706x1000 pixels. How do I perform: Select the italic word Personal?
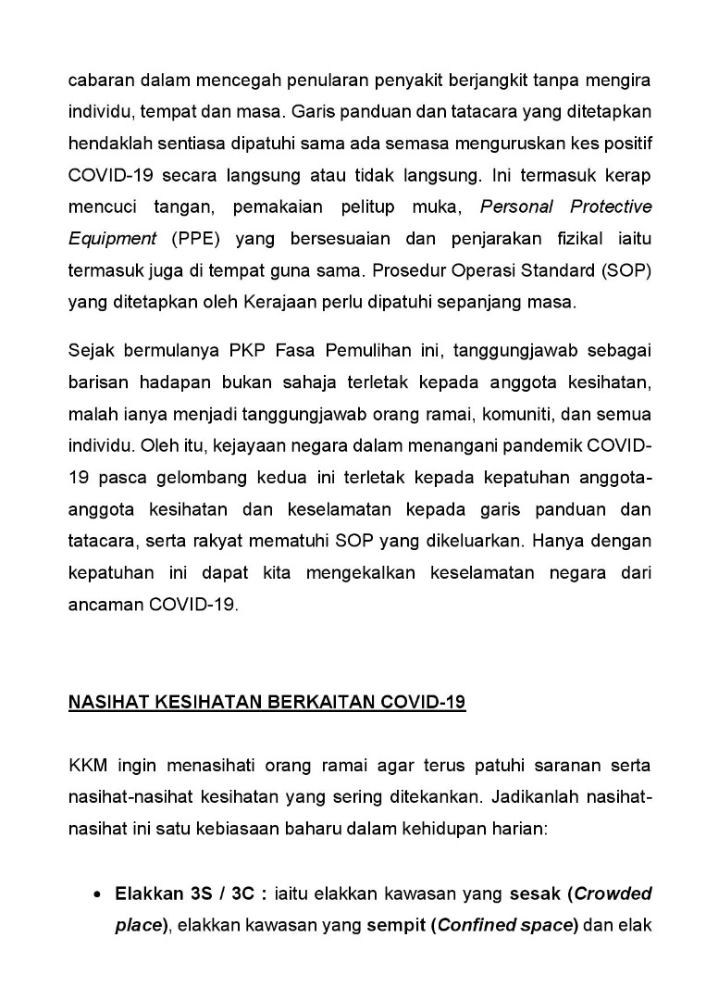pos(514,206)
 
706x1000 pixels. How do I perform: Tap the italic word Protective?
pos(610,206)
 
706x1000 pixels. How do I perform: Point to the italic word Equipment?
pos(112,238)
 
